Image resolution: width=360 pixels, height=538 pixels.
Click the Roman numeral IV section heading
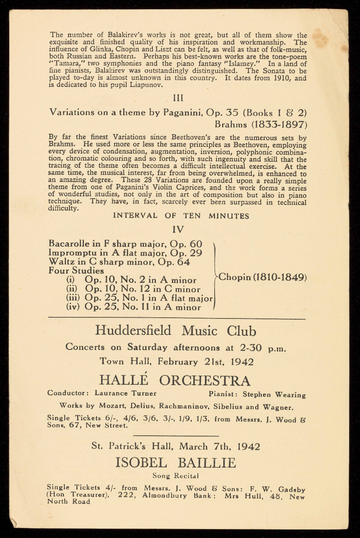178,229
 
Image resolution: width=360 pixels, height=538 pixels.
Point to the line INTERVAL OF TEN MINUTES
181,216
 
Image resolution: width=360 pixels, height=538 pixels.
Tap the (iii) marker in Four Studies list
73,298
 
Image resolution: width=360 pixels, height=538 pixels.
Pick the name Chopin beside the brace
234,277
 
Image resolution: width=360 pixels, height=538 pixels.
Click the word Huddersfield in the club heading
133,330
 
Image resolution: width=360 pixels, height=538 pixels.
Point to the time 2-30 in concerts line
250,348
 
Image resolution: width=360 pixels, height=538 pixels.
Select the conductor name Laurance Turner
125,393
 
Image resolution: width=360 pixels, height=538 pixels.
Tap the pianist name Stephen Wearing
274,395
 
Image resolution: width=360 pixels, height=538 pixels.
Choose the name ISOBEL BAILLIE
176,463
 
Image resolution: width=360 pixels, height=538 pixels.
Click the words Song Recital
175,476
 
